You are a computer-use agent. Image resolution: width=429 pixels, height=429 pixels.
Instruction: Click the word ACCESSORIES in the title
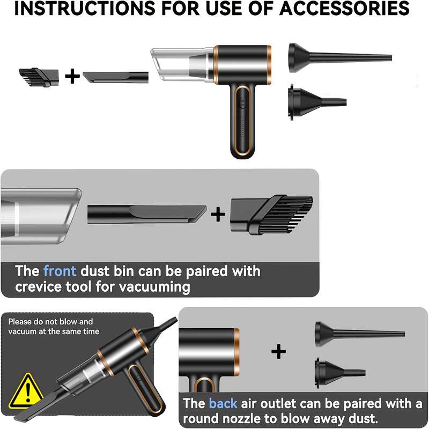tap(344, 9)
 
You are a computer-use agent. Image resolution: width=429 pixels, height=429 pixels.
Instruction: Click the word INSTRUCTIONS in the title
tap(84, 9)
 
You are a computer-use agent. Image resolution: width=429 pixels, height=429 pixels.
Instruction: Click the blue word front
tap(60, 271)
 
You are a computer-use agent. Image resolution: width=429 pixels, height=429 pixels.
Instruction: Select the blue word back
tap(223, 404)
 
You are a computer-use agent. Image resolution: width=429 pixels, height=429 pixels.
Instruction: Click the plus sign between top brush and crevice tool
tap(72, 76)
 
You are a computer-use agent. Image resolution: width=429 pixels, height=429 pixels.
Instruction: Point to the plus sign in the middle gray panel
tap(218, 214)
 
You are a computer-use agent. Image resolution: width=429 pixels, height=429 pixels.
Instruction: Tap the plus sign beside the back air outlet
tap(278, 351)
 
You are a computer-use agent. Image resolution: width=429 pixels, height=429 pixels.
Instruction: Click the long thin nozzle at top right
tap(340, 58)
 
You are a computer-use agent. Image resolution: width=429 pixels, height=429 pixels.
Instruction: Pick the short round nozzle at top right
tap(317, 102)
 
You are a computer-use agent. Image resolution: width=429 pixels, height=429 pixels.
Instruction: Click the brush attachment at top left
tap(39, 77)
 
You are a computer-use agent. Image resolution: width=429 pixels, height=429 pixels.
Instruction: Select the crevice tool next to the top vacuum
tap(115, 77)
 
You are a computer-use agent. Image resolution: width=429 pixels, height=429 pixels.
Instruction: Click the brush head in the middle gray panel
tap(272, 215)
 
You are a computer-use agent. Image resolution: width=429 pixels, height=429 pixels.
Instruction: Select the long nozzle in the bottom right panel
tap(360, 334)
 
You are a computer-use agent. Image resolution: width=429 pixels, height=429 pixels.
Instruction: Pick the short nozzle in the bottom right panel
tap(340, 372)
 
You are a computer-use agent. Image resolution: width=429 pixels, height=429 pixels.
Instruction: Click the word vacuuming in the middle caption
tap(154, 287)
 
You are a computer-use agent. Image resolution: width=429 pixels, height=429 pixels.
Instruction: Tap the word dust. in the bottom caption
tap(363, 419)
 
